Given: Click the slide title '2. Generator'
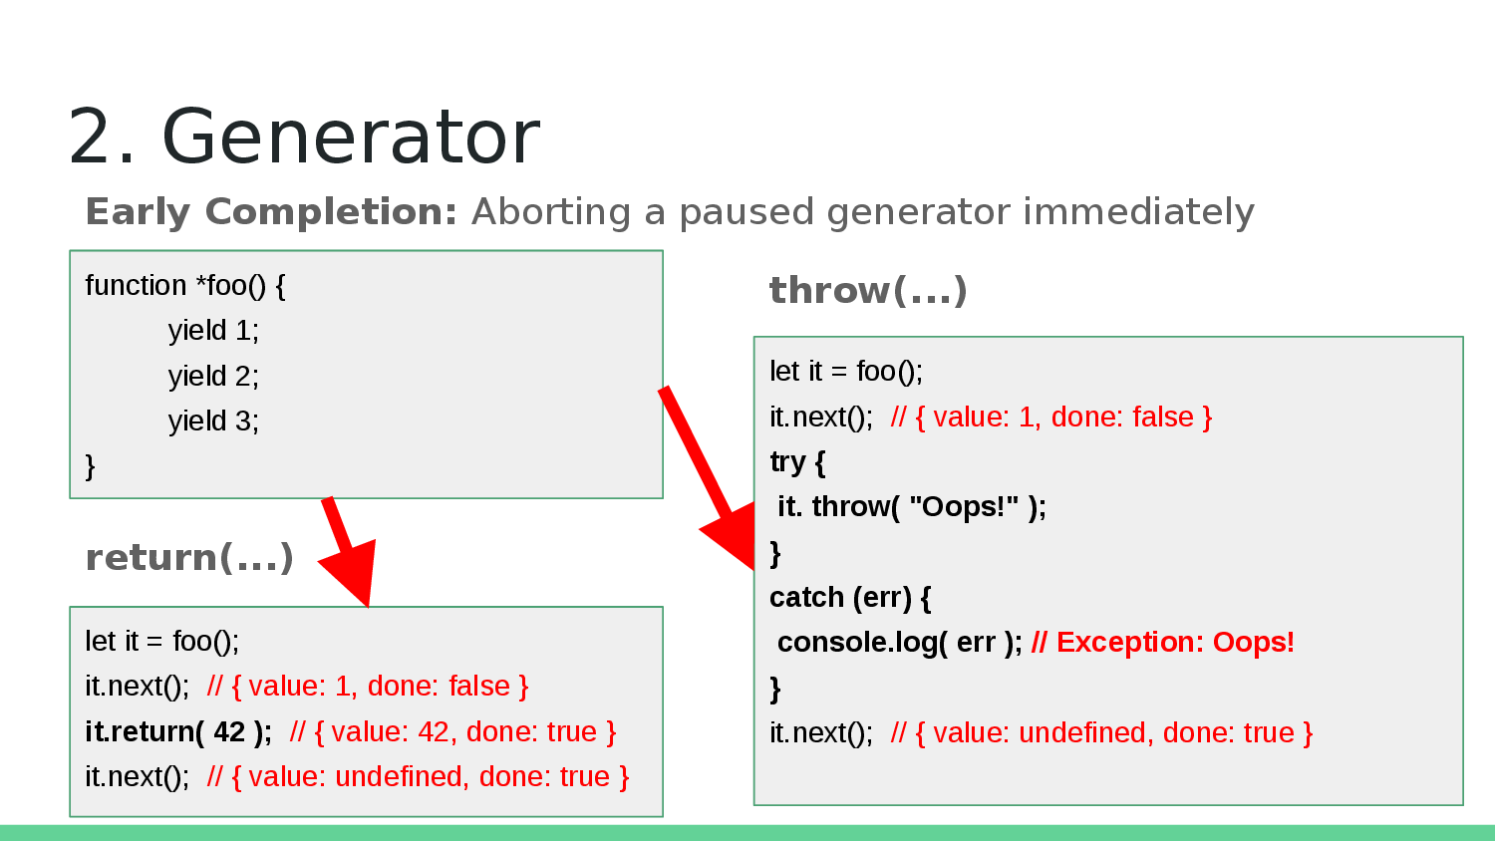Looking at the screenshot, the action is [304, 137].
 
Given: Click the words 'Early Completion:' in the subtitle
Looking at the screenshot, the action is [271, 212].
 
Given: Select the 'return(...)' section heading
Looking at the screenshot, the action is [189, 558].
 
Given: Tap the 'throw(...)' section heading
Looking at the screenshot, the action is [868, 291].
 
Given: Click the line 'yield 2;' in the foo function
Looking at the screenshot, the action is [213, 376].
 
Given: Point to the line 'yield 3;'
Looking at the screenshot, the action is [213, 421].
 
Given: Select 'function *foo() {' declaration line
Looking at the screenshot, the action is [185, 286].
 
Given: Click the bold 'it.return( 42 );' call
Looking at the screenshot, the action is [178, 732].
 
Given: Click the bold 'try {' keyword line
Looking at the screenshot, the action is [797, 462].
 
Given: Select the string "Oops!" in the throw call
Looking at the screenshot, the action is [964, 507].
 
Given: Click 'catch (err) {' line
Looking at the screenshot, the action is [850, 598].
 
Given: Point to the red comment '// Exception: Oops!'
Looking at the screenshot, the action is [1162, 643].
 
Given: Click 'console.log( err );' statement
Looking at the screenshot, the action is [899, 643].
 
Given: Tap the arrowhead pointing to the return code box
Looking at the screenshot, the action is [351, 573].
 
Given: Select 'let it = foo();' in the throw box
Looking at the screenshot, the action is [846, 372].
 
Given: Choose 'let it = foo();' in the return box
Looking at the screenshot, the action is [162, 642].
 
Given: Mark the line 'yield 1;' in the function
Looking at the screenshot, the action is [213, 331].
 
